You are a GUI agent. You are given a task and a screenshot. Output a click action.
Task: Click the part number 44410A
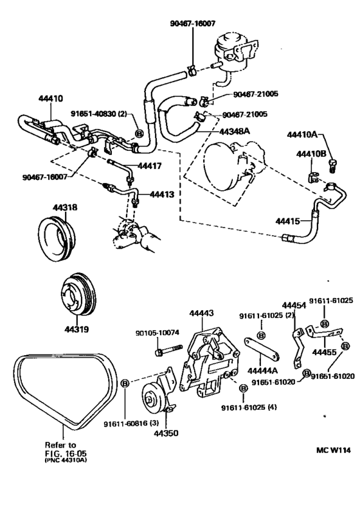point(302,135)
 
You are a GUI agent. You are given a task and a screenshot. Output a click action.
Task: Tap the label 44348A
point(235,131)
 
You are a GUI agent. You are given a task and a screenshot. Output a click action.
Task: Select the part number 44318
point(65,207)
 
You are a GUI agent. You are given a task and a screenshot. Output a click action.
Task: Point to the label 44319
point(76,329)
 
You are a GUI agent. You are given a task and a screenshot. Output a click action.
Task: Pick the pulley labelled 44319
point(79,294)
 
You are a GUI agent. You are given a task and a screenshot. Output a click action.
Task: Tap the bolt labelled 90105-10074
point(168,349)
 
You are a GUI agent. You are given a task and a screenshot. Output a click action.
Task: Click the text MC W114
point(333,450)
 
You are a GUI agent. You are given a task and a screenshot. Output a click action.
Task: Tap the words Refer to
point(60,445)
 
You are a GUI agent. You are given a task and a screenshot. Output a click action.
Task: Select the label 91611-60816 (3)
point(131,424)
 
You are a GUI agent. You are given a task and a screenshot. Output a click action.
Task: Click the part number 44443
point(201,313)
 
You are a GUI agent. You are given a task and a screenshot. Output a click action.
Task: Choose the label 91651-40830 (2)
point(99,114)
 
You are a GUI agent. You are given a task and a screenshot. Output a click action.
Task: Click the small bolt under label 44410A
point(332,166)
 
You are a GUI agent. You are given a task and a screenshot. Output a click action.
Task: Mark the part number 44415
point(287,221)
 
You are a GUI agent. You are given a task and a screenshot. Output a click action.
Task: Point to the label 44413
point(162,194)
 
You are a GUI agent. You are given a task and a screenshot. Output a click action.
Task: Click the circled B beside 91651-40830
point(139,134)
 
